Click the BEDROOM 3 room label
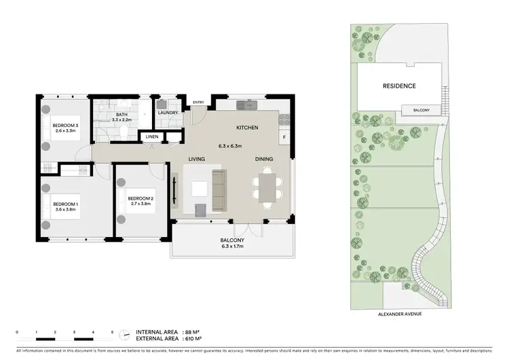pos(66,125)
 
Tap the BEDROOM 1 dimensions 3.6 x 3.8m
pos(66,210)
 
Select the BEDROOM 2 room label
pos(141,198)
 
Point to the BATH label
pos(122,114)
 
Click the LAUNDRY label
pos(168,113)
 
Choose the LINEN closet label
pos(152,137)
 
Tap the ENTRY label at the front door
pos(198,103)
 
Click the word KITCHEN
pos(246,128)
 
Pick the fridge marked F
pos(284,137)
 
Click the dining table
pos(267,185)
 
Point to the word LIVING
pos(197,159)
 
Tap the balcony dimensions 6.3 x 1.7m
pos(231,247)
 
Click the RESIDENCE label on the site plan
pos(399,86)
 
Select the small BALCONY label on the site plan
pos(420,109)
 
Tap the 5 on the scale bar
pos(113,331)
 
